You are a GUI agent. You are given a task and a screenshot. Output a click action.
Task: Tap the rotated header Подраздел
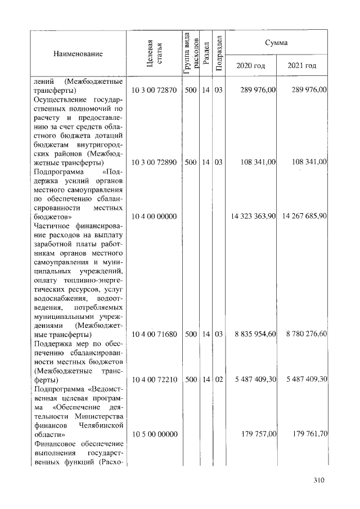[x=219, y=53]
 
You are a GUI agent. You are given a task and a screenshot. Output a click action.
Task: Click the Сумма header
[x=277, y=43]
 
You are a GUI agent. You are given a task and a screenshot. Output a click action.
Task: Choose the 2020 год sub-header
[x=251, y=66]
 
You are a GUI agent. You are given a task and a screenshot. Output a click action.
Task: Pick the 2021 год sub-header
[x=302, y=66]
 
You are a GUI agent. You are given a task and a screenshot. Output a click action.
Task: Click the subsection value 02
[x=218, y=380]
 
